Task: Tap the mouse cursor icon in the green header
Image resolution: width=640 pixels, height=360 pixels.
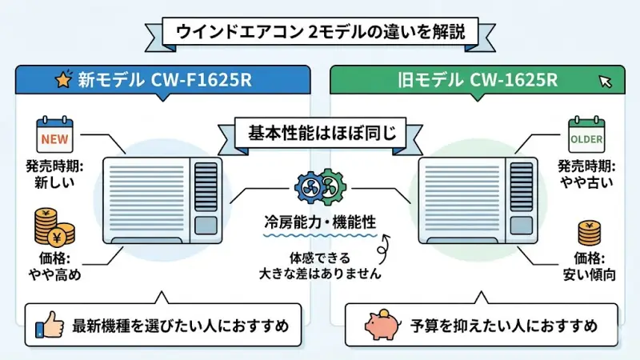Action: point(606,81)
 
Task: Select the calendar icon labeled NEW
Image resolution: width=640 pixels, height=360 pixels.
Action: point(54,136)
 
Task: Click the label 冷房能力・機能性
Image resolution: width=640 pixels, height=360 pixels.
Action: point(320,221)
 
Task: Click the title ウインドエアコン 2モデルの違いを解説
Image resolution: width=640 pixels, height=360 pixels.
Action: point(320,34)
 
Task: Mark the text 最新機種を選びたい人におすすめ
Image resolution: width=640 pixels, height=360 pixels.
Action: point(181,326)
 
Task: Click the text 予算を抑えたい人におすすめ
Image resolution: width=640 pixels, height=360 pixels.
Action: point(504,326)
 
